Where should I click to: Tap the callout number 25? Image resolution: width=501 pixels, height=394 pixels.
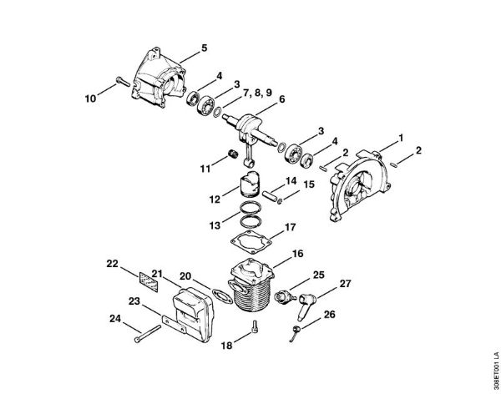coord(319,275)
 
